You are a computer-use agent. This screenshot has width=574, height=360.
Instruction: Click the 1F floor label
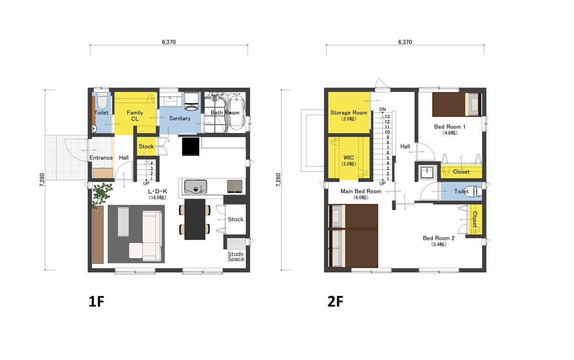click(x=96, y=301)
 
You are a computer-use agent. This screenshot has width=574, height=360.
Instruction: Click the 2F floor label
click(x=335, y=301)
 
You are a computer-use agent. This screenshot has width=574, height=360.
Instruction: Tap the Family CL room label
click(x=135, y=116)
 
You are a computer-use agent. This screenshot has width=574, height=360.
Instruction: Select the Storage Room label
click(x=349, y=113)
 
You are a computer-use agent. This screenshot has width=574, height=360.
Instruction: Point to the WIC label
click(x=349, y=157)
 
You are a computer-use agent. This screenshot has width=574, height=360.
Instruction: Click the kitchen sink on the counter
click(x=196, y=187)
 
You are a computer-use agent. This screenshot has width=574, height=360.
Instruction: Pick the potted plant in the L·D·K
click(x=102, y=195)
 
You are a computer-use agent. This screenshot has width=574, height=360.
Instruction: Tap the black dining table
click(x=195, y=219)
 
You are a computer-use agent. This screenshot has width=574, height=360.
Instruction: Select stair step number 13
click(x=387, y=117)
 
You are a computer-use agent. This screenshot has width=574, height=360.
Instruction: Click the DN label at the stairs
click(x=382, y=109)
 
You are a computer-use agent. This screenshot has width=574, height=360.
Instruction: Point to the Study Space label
click(x=236, y=257)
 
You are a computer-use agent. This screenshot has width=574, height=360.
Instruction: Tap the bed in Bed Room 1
click(x=457, y=105)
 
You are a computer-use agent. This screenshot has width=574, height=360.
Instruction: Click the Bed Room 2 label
click(x=439, y=238)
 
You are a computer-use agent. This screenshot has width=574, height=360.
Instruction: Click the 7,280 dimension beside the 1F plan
click(x=42, y=180)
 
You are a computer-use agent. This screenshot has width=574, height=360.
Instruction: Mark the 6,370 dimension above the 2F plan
click(x=405, y=42)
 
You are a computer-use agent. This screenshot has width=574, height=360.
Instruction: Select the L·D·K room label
click(x=157, y=191)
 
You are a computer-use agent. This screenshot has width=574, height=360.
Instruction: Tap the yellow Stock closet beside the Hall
click(x=146, y=146)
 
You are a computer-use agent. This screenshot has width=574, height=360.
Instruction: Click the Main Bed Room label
click(x=361, y=191)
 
